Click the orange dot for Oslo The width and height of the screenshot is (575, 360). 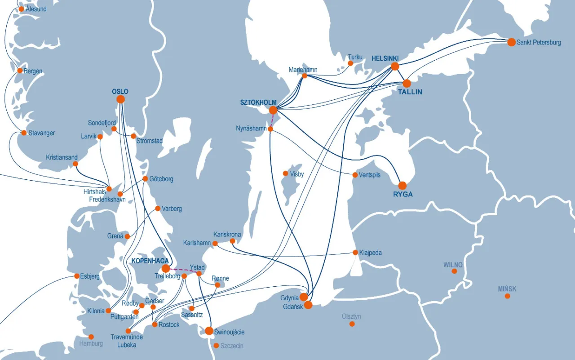tap(120, 99)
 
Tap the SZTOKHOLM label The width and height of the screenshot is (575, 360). tap(258, 102)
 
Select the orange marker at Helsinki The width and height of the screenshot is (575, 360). tap(395, 67)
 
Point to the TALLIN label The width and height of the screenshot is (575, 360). tap(410, 92)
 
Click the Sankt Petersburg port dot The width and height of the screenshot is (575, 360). tap(511, 42)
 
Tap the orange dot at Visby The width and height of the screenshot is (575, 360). tap(285, 173)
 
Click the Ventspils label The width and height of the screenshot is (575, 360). tap(369, 175)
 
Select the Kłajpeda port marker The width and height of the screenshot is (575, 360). tap(356, 253)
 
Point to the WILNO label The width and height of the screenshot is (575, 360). tap(453, 265)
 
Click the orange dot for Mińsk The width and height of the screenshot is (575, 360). tap(507, 296)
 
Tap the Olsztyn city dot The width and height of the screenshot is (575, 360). tap(352, 324)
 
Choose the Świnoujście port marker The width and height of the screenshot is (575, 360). tap(209, 331)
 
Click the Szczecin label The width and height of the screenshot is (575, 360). tap(232, 346)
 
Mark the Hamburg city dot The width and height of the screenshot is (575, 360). tap(91, 337)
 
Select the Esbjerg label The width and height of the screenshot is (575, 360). tap(90, 276)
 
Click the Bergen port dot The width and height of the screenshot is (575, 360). tap(20, 71)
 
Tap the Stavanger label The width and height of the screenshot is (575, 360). tap(41, 133)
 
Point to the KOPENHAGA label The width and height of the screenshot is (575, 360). tap(150, 261)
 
